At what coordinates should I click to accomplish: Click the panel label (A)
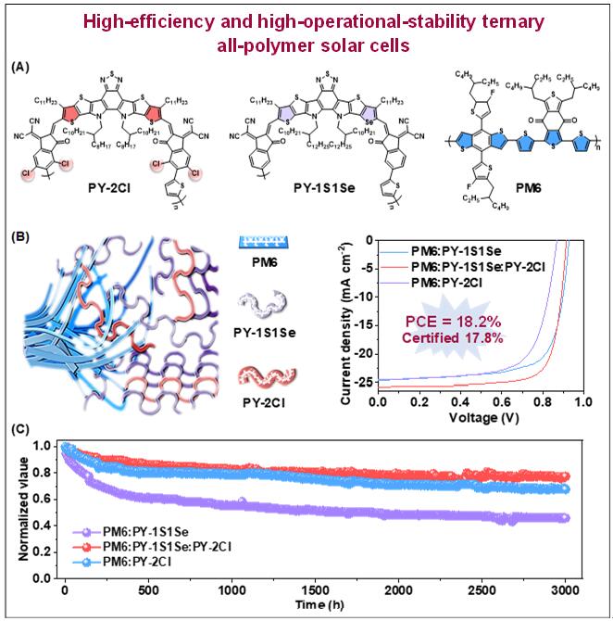pos(20,69)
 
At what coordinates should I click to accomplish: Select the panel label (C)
pos(20,430)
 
